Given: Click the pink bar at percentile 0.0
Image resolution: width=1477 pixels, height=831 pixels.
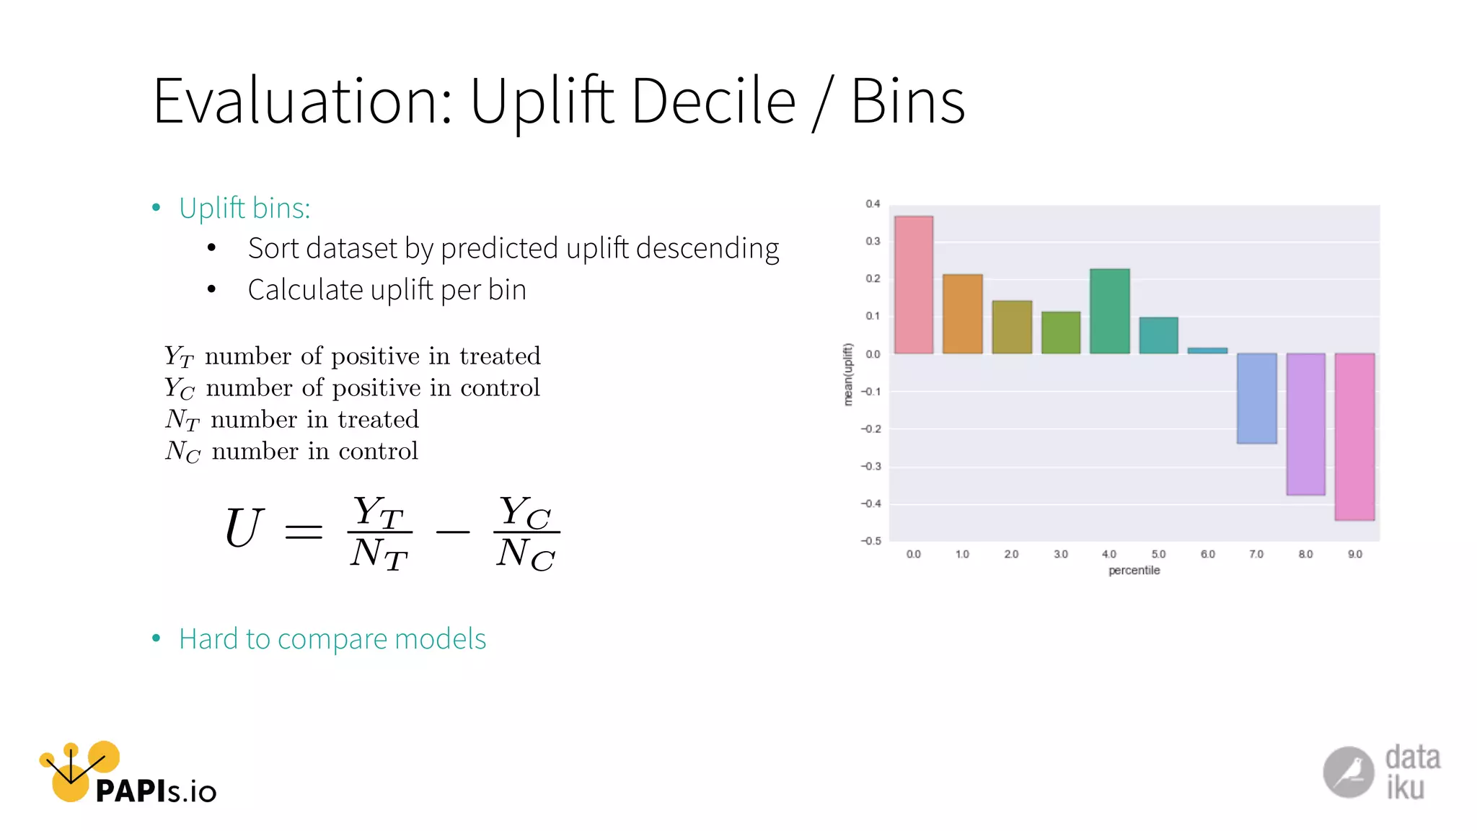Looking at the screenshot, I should click(914, 285).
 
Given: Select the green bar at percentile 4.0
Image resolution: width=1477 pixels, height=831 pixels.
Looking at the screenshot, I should click(1110, 311).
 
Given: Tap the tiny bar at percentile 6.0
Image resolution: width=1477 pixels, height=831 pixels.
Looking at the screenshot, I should click(1207, 351).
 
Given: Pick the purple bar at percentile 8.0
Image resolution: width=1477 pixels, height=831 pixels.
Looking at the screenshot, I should click(1305, 424).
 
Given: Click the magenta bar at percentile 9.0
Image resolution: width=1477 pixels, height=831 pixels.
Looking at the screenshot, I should click(1354, 436).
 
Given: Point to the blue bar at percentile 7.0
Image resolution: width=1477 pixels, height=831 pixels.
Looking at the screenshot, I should click(1256, 398).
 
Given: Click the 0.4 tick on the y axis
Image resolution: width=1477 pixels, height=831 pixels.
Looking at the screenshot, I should click(873, 204).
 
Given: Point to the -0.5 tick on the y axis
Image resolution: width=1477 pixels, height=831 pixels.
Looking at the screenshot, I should click(870, 541).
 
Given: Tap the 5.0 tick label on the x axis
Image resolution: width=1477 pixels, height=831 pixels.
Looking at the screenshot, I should click(1158, 554).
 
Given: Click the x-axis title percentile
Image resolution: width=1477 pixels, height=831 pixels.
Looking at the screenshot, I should click(1134, 571).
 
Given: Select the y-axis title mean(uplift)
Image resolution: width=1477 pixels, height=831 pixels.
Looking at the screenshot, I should click(848, 374).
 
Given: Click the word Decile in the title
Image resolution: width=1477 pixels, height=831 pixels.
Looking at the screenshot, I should click(713, 101).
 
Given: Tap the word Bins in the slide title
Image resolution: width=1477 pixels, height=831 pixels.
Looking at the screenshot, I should click(907, 101).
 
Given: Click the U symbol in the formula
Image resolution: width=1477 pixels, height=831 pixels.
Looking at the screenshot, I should click(244, 528).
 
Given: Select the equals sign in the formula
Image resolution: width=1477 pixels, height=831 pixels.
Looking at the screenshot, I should click(304, 532).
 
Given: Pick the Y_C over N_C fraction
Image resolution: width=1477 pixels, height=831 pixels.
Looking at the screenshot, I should click(526, 532).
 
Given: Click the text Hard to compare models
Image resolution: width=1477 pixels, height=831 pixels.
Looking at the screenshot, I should click(332, 639).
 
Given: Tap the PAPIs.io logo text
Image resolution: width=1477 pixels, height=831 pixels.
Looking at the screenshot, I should click(156, 791).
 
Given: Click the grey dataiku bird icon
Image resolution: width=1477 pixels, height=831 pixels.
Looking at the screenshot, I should click(1348, 772).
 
